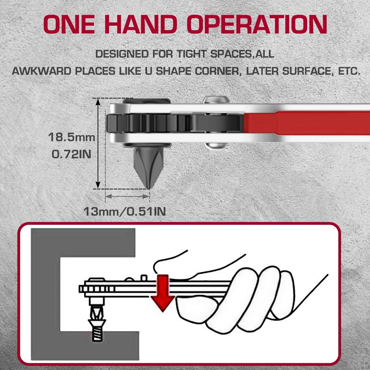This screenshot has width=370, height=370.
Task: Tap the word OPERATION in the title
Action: pos(257,24)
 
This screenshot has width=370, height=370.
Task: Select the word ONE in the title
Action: pos(69,24)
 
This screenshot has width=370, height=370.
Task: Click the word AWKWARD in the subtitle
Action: pos(42,71)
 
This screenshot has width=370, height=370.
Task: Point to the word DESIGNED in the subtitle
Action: pos(122,54)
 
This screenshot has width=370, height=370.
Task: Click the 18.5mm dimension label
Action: pos(72,137)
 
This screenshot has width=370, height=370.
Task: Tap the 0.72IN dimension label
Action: pos(72,154)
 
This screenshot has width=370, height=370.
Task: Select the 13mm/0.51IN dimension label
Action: pos(124,211)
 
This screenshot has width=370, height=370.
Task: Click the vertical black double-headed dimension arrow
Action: pos(98,143)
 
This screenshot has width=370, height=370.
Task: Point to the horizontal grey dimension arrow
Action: pos(127,196)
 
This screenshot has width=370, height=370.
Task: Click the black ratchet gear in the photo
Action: pos(173,123)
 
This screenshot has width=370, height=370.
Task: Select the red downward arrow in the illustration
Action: pos(163,293)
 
